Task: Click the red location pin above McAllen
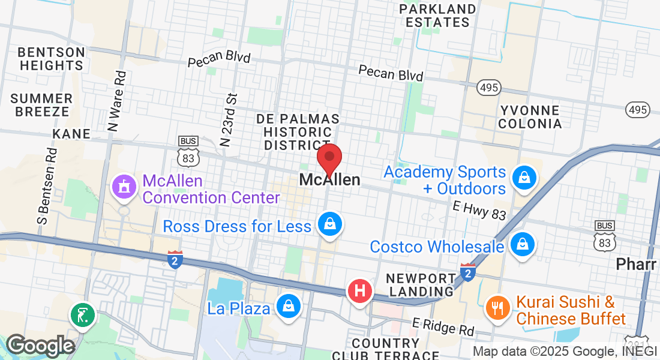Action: tap(329, 158)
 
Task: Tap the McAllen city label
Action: tap(329, 179)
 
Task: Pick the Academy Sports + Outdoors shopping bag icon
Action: tap(524, 178)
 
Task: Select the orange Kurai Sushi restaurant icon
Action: tap(497, 308)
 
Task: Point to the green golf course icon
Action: tap(82, 314)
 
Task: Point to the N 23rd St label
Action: tap(229, 119)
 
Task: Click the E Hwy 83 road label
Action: tap(479, 210)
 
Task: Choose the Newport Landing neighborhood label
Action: tap(421, 285)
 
